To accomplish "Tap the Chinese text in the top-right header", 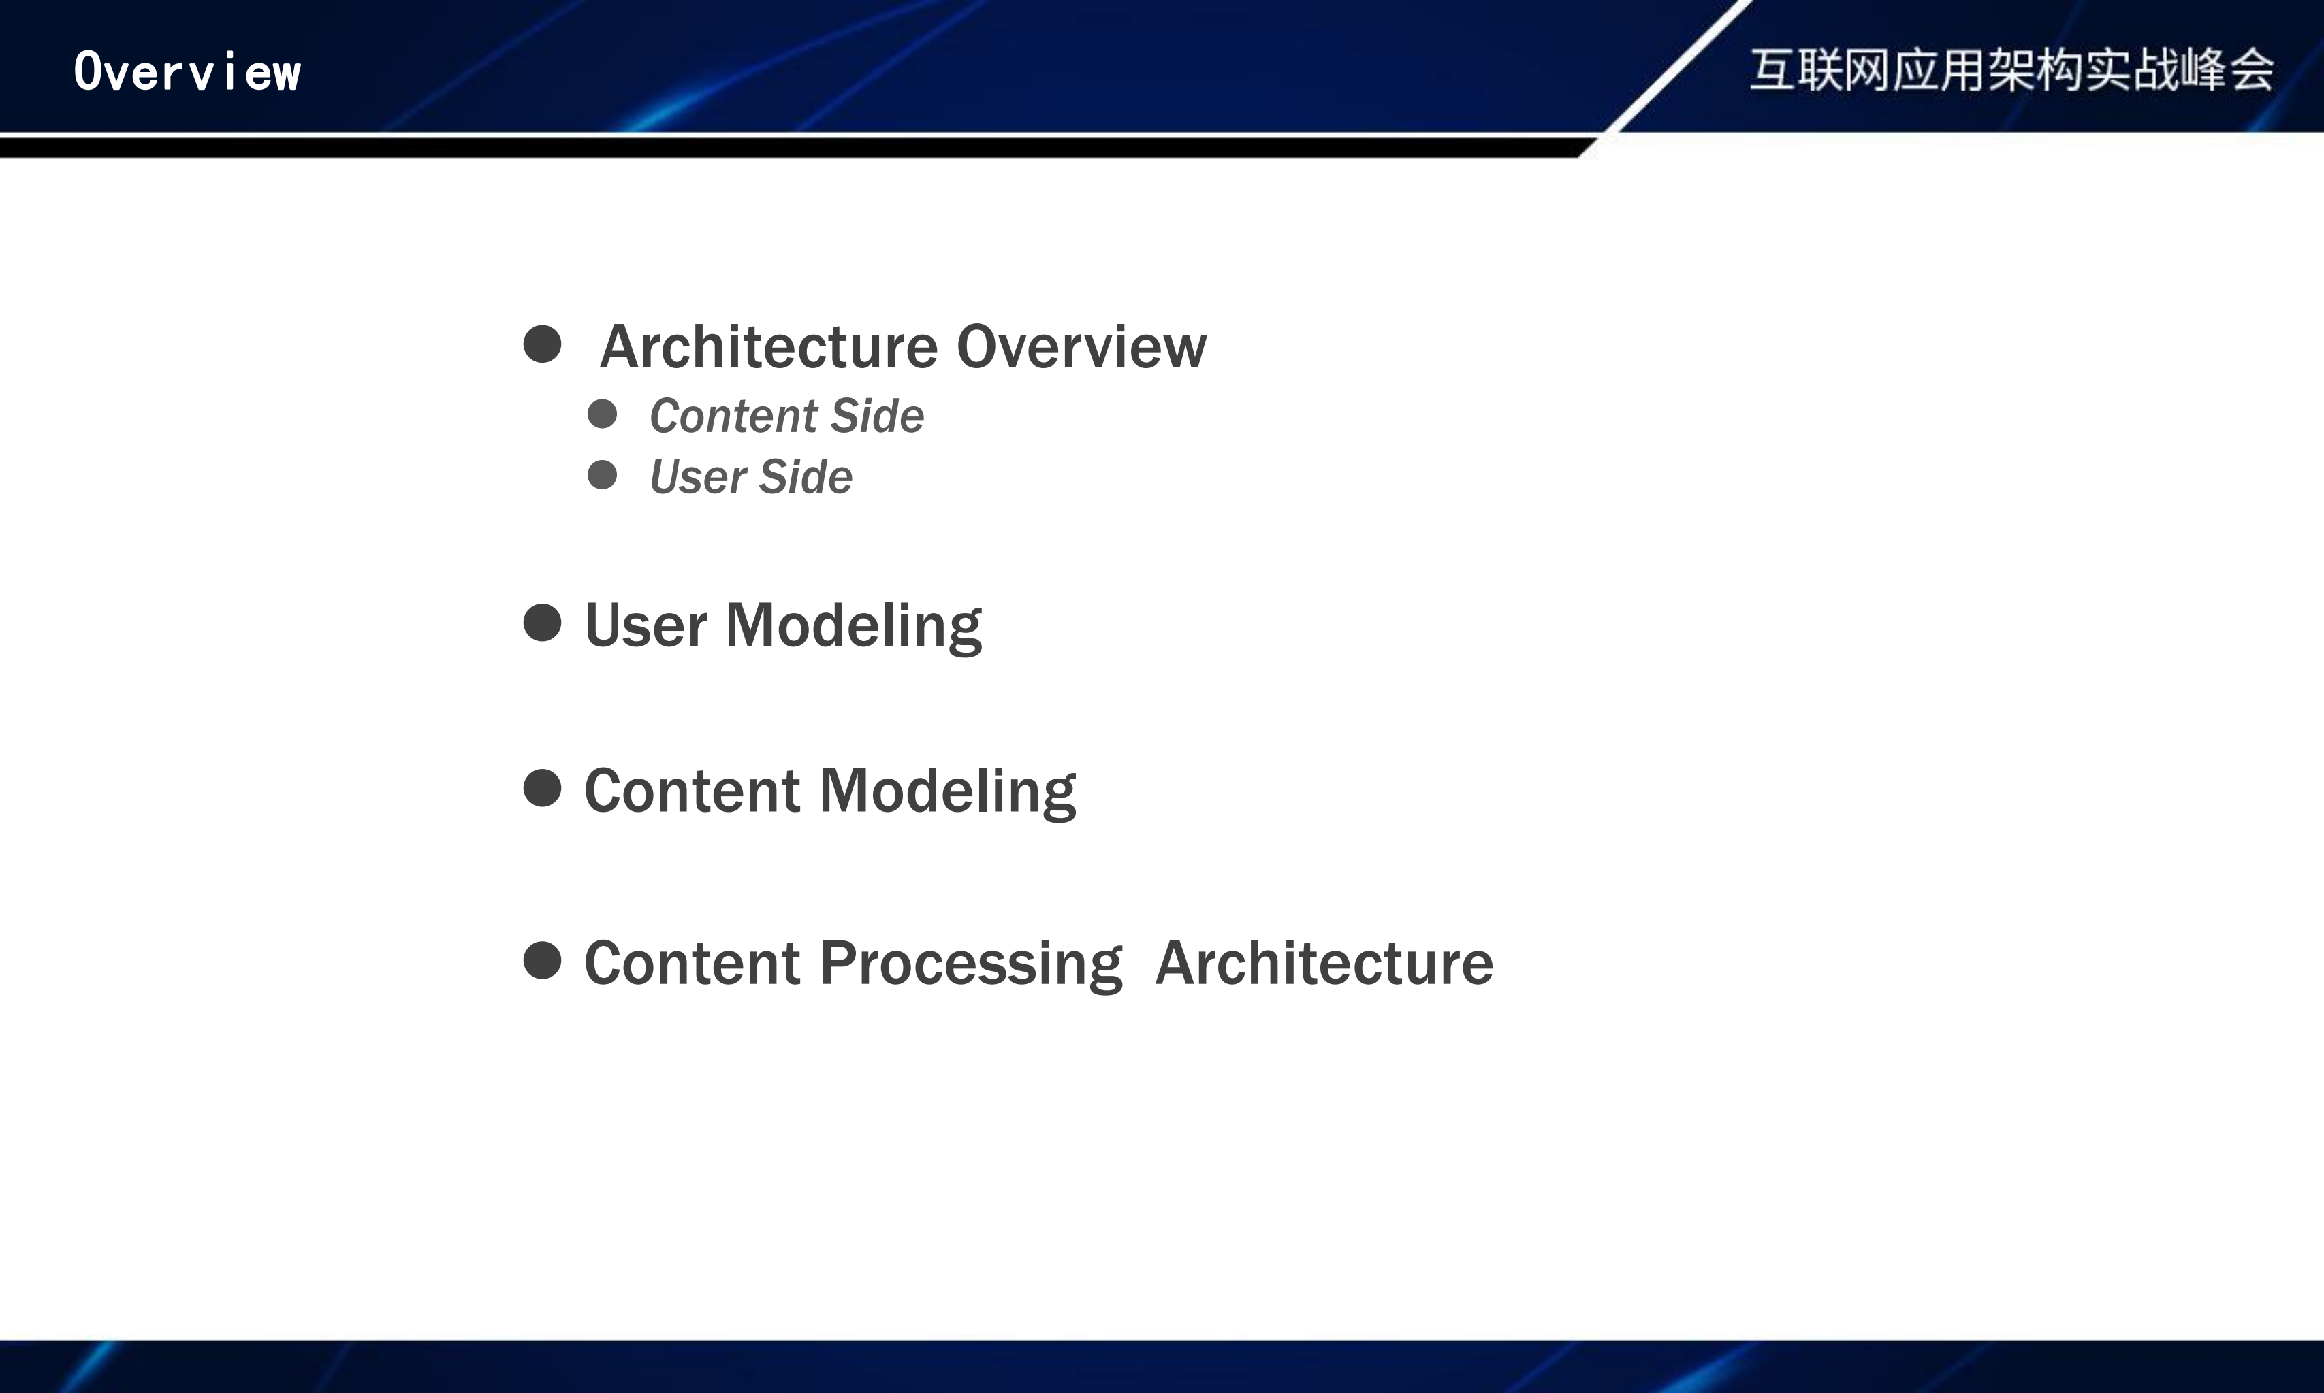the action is coord(2011,69).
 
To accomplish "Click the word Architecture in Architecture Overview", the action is coord(769,346).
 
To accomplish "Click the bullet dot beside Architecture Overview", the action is coord(542,344).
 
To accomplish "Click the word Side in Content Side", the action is coord(878,416).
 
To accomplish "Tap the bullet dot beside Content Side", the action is coord(602,414).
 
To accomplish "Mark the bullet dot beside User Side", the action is coord(602,475).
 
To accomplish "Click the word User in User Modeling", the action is coord(645,625).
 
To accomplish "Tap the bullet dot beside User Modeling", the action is coord(542,623).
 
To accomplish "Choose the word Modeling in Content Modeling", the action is coord(949,792).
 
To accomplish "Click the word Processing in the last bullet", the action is coord(971,964).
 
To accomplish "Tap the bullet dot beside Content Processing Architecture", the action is coord(542,960).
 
